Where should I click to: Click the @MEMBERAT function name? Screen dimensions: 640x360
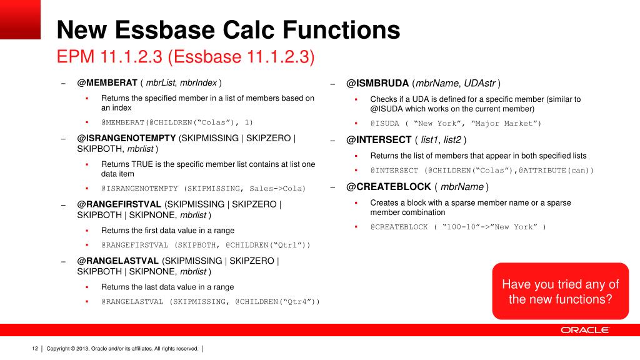[107, 83]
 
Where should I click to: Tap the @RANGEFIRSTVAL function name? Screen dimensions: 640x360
[119, 204]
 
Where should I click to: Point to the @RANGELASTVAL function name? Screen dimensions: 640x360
[117, 261]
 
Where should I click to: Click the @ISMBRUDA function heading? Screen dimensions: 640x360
[377, 83]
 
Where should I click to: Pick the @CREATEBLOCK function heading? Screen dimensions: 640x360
[388, 187]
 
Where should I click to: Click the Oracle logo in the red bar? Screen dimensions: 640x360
[584, 330]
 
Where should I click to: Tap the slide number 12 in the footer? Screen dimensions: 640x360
[35, 348]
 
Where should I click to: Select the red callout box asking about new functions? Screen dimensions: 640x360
[561, 291]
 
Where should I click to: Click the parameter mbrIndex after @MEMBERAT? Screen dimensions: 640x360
[201, 83]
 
